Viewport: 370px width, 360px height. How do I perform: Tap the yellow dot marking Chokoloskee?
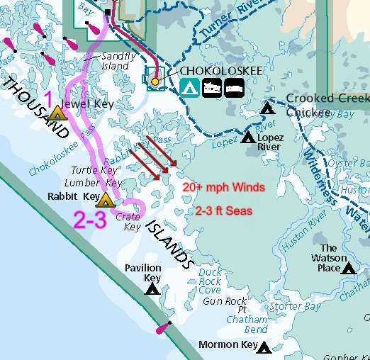155,81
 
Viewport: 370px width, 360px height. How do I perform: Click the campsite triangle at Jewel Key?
57,112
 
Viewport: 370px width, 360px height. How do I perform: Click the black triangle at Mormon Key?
264,347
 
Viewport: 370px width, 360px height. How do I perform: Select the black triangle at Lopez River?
248,137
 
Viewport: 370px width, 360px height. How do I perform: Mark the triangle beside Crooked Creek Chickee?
267,108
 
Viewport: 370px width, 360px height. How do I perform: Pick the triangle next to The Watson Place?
348,268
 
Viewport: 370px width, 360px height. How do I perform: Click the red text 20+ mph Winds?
223,188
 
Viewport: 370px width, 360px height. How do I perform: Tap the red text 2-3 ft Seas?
223,211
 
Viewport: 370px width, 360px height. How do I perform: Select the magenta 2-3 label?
90,221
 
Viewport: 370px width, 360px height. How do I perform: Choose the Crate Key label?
128,222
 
